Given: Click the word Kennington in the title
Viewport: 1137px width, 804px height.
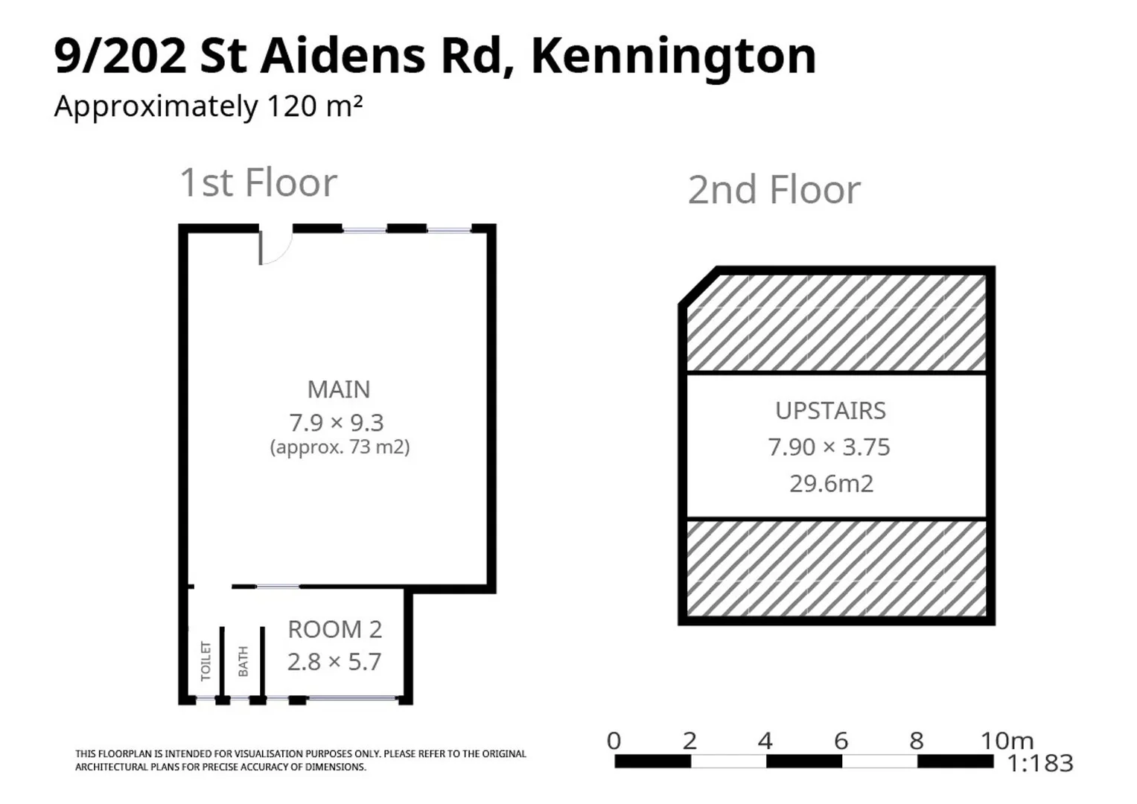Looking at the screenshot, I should [x=673, y=57].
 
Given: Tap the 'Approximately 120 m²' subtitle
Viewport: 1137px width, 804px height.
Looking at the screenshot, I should [x=208, y=106].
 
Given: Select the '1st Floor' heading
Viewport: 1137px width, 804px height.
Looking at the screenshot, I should [x=258, y=183].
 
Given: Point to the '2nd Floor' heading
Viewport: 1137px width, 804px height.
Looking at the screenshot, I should [x=774, y=190].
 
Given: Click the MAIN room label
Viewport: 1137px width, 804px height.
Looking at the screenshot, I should [x=339, y=389].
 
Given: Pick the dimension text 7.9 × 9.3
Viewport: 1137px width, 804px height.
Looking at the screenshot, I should [x=337, y=423].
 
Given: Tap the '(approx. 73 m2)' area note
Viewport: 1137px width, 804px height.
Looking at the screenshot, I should [x=340, y=447].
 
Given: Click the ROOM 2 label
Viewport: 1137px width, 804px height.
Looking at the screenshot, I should [x=334, y=630].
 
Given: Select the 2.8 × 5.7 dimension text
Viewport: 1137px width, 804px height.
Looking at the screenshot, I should [x=334, y=662].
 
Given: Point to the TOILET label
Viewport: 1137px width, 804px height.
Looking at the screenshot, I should [x=206, y=661].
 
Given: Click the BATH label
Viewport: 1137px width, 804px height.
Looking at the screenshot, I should [x=243, y=662].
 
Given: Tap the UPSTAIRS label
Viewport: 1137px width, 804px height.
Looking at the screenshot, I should [x=830, y=411].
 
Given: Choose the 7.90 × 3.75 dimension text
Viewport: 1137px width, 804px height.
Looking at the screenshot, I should [x=829, y=447].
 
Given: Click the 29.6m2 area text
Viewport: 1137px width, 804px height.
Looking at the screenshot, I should [x=831, y=484].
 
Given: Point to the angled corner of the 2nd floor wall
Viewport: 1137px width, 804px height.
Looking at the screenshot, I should [x=698, y=286].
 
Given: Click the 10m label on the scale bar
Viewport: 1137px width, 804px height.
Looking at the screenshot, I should [x=1007, y=741].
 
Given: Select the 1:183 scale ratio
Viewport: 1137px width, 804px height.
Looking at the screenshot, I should [x=1039, y=763].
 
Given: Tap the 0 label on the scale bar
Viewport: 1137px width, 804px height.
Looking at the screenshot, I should [x=614, y=741].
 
